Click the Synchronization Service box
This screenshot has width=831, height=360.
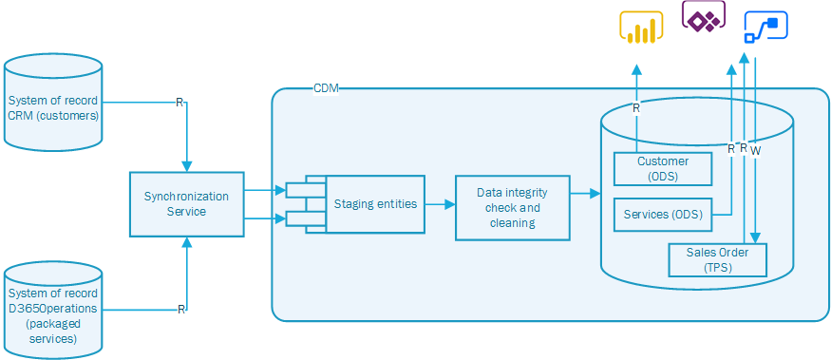(x=186, y=204)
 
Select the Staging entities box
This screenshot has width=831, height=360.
(x=375, y=203)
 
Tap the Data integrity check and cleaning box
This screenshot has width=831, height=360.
(x=513, y=207)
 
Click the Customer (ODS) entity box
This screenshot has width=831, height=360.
(x=662, y=168)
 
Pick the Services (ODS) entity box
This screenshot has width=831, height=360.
(x=662, y=215)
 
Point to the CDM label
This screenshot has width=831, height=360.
(x=326, y=88)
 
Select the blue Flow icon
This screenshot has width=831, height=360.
(x=767, y=27)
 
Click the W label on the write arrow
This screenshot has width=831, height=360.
(x=755, y=150)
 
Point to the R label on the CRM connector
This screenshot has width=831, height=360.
(x=179, y=102)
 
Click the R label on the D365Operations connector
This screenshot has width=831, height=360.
(x=179, y=309)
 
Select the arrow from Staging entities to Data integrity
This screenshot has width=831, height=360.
(x=437, y=203)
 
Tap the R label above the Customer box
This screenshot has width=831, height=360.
(x=635, y=108)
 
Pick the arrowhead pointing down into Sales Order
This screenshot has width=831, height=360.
(x=755, y=238)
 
